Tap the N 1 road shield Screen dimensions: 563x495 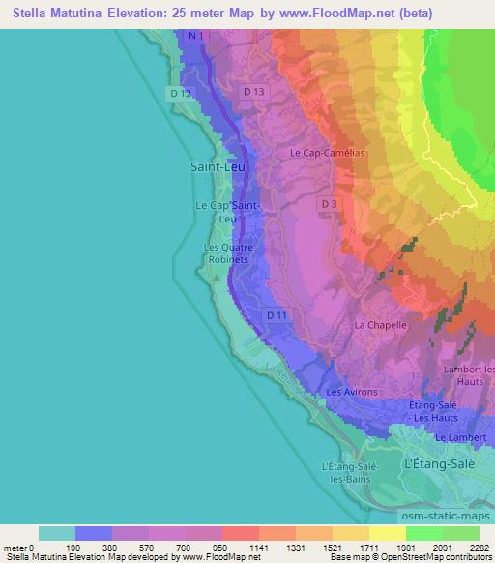pos(196,36)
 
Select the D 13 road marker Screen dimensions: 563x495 pos(254,91)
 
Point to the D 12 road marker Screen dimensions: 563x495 pos(179,93)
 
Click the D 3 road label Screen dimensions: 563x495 pos(330,204)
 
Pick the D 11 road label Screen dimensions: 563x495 pos(277,315)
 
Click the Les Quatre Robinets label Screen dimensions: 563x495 pos(228,253)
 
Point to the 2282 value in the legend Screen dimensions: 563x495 pos(479,547)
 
